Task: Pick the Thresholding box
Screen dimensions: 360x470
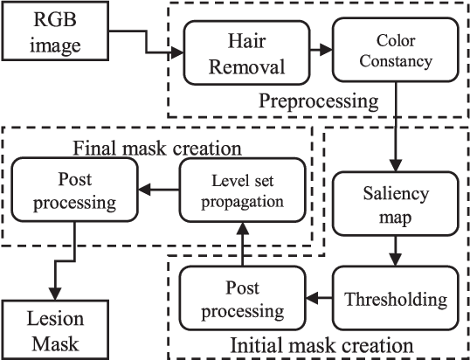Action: click(397, 299)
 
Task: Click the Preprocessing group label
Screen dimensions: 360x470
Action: click(318, 101)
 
